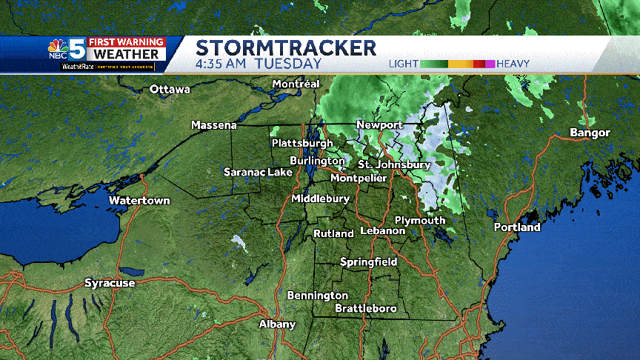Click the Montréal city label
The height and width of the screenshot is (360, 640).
click(296, 84)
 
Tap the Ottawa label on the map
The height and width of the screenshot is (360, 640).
click(170, 90)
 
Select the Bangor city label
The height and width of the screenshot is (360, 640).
click(590, 133)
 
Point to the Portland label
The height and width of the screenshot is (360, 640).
click(517, 227)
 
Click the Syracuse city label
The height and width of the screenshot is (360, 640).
click(110, 283)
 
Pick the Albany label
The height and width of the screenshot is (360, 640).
click(277, 324)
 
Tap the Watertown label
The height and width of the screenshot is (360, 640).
click(139, 201)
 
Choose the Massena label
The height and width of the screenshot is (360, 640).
click(214, 125)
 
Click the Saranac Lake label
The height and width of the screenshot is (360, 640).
click(259, 172)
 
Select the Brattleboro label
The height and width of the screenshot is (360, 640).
click(366, 308)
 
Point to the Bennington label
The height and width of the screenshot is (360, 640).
click(318, 296)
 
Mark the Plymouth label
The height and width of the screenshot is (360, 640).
click(420, 220)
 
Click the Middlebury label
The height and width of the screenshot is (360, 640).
click(320, 199)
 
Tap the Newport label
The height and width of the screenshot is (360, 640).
click(379, 124)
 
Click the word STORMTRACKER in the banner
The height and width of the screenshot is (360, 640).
click(286, 48)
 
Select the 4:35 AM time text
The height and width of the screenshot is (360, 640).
click(221, 64)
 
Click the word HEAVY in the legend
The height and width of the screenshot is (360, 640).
click(513, 64)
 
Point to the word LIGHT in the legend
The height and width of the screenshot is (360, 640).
click(404, 64)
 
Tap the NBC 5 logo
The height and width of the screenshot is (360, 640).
click(68, 50)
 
